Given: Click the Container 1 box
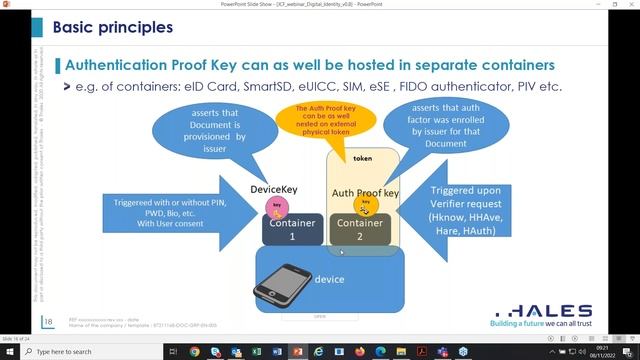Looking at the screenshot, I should click(x=292, y=230).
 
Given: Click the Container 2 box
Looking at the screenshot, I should click(x=359, y=230).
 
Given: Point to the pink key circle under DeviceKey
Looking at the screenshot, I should click(x=277, y=206).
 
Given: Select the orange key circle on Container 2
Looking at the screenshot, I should click(x=366, y=206).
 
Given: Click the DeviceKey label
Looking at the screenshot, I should click(x=275, y=187).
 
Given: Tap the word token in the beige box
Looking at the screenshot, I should click(x=363, y=159).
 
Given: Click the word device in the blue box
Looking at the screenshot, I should click(x=329, y=279).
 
